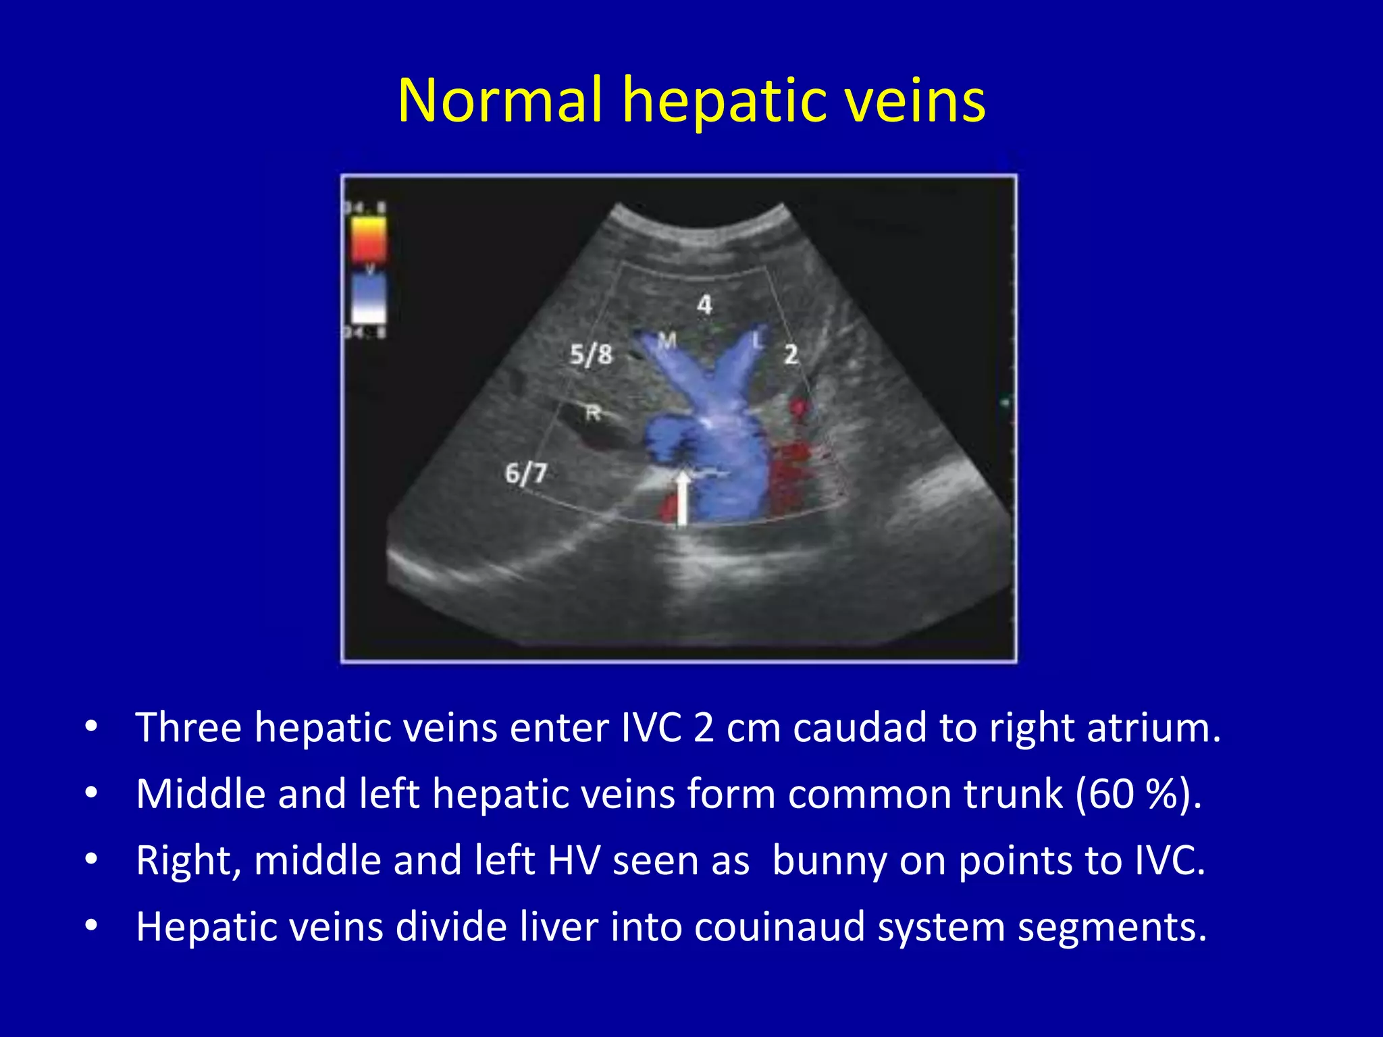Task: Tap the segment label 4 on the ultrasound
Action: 704,304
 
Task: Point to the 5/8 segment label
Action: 590,354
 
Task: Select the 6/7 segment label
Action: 525,473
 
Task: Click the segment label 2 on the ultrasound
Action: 791,354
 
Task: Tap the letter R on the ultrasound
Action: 593,413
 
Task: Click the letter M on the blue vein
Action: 667,341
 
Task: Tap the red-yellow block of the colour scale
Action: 369,239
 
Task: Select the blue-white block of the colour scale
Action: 369,297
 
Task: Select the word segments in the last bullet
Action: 1112,928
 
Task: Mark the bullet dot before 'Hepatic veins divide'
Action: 91,926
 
